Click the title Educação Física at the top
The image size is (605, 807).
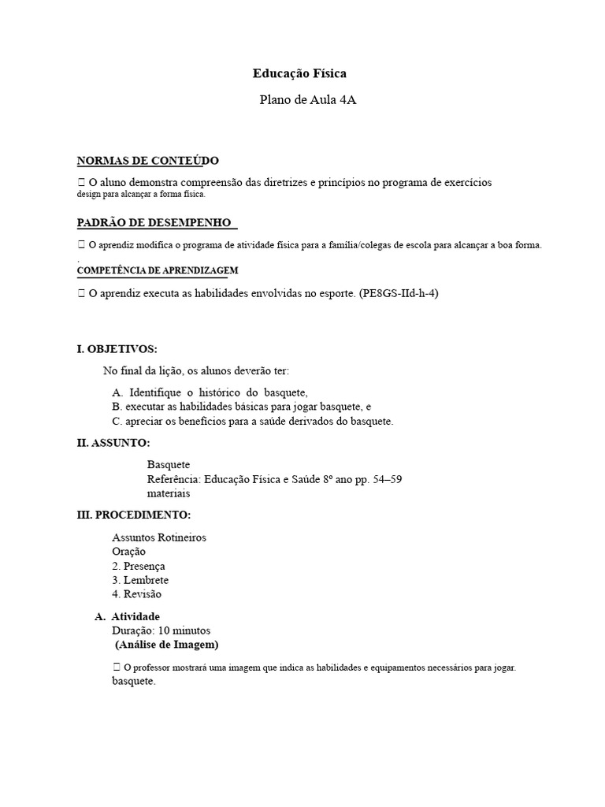point(299,73)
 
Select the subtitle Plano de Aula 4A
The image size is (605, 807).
point(302,100)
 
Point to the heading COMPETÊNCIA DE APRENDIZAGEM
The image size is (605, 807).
point(152,270)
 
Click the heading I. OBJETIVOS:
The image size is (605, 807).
point(117,348)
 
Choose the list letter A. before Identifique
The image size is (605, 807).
point(118,392)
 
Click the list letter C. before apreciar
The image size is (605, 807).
point(118,422)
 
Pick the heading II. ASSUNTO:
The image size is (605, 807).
point(113,444)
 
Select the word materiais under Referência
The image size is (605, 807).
point(169,493)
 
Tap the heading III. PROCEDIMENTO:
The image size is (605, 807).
point(133,515)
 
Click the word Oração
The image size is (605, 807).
point(129,552)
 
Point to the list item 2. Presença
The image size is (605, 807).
point(139,566)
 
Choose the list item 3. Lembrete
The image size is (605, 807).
point(140,580)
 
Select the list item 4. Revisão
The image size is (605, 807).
point(136,594)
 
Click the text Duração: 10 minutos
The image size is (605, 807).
point(161,630)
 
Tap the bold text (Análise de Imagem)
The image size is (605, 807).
point(167,645)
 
